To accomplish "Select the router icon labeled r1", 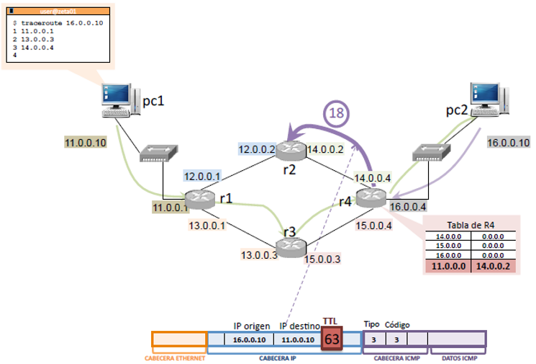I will [x=199, y=198].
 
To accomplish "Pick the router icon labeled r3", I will [x=291, y=246].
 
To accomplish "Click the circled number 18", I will [x=336, y=112].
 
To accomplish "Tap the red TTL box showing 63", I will [x=332, y=338].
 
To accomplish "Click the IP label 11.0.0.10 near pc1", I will [x=86, y=143].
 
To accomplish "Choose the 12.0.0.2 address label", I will [x=256, y=149].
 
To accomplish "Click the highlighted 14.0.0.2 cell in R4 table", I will [x=493, y=265].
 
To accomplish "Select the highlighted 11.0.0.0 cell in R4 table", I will [x=448, y=265].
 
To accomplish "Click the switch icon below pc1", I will [x=158, y=152].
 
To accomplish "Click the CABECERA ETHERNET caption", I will [x=178, y=358].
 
